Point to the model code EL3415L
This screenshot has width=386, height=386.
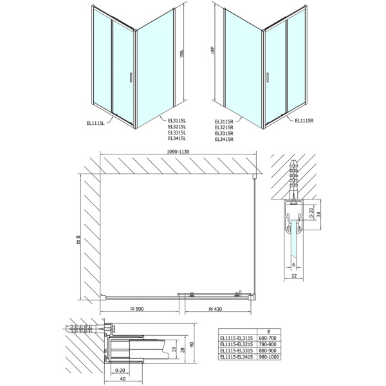(177, 138)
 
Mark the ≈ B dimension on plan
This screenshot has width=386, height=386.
(78, 241)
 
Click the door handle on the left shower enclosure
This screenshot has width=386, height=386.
(131, 77)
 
